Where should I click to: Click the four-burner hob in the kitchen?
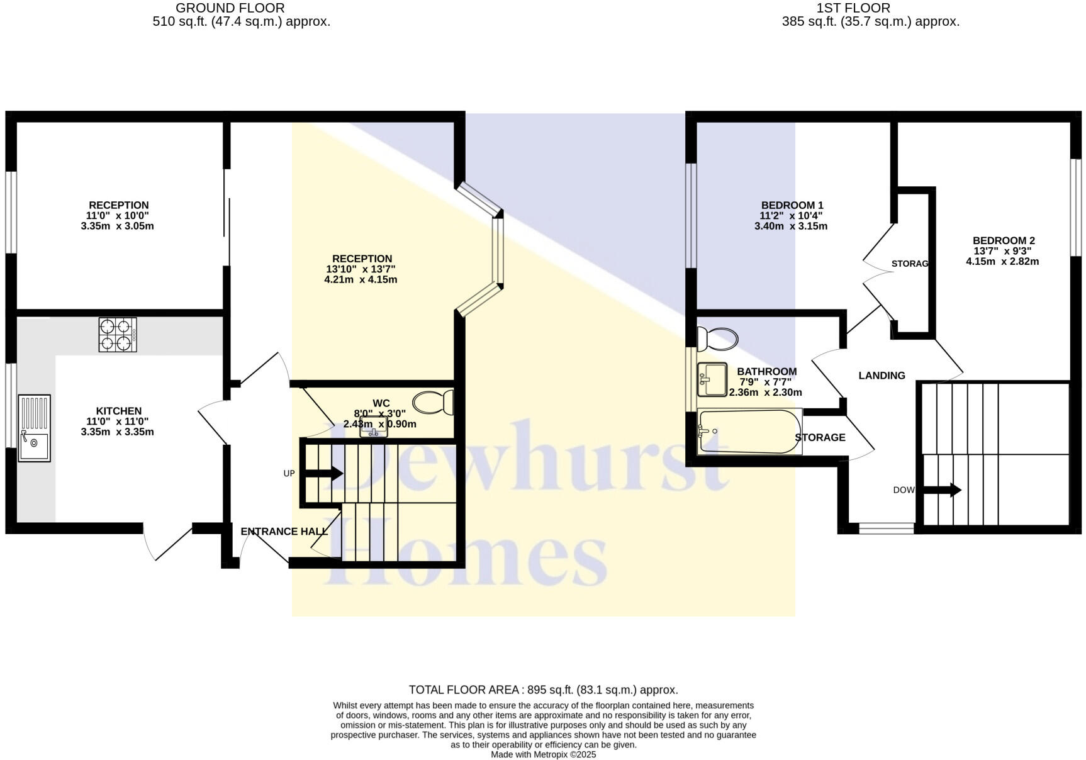tap(118, 334)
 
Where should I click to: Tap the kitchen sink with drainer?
tap(34, 428)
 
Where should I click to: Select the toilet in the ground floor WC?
tap(434, 402)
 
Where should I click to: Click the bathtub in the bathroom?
tap(749, 432)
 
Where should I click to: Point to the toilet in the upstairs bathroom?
tap(717, 339)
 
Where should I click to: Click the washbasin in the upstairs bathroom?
tap(712, 379)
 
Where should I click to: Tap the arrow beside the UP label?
tap(324, 473)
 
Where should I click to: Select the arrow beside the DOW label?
tap(942, 489)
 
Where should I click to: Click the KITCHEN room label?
tap(118, 411)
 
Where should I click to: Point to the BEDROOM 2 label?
tap(1004, 240)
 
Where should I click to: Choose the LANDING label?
tap(882, 376)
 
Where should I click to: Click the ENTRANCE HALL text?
tap(284, 532)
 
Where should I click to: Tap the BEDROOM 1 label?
tap(792, 205)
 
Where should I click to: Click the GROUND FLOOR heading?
tap(230, 8)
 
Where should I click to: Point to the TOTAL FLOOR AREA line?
tap(543, 690)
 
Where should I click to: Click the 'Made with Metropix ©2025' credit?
tap(543, 754)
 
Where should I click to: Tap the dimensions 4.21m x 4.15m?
tap(361, 280)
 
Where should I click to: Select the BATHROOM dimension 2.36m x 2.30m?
tap(765, 393)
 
